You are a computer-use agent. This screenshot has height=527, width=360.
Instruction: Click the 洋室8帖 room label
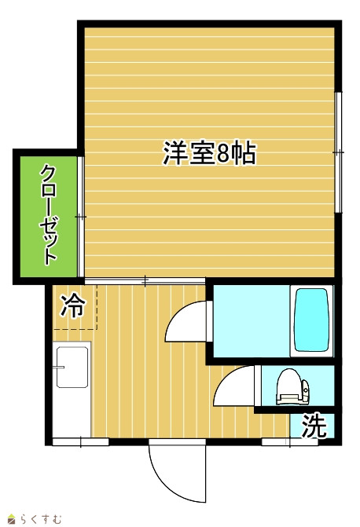pyautogui.click(x=209, y=153)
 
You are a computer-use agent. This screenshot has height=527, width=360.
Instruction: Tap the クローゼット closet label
pyautogui.click(x=49, y=215)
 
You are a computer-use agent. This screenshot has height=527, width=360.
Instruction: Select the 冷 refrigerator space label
pyautogui.click(x=73, y=306)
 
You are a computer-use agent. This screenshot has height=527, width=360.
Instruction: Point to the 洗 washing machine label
pyautogui.click(x=314, y=426)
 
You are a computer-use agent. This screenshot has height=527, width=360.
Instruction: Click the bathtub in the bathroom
pyautogui.click(x=311, y=320)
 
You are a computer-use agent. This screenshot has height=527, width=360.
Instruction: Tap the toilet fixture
pyautogui.click(x=292, y=387)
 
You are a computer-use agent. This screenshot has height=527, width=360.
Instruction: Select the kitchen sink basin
pyautogui.click(x=72, y=367)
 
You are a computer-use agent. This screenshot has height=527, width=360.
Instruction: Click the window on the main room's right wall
pyautogui.click(x=339, y=152)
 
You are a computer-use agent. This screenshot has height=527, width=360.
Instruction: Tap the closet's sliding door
pyautogui.click(x=80, y=217)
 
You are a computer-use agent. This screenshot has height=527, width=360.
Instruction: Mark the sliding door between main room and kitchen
pyautogui.click(x=145, y=281)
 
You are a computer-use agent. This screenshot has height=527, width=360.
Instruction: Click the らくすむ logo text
pyautogui.click(x=40, y=519)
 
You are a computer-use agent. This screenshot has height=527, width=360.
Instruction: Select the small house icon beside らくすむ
pyautogui.click(x=12, y=519)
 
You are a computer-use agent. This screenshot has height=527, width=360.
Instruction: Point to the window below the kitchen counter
pyautogui.click(x=81, y=441)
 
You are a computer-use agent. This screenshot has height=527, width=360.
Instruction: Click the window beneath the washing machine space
pyautogui.click(x=290, y=441)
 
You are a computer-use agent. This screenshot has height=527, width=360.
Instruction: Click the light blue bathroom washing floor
pyautogui.click(x=252, y=321)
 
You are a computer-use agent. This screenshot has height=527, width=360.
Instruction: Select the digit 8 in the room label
pyautogui.click(x=223, y=154)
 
